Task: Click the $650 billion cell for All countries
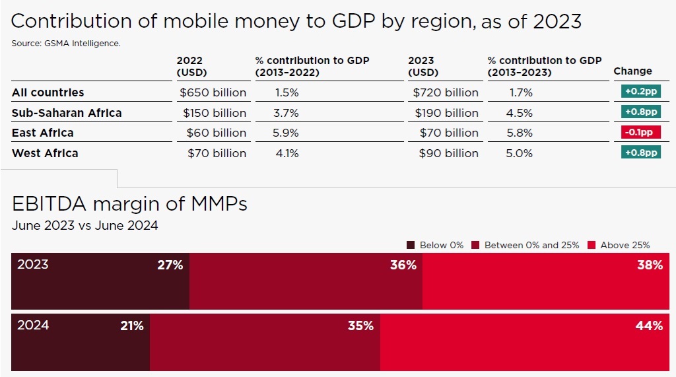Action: [213, 92]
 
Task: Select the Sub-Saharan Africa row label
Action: [67, 113]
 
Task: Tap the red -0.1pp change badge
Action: [640, 133]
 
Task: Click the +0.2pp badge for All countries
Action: [640, 92]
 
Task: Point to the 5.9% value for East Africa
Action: [286, 133]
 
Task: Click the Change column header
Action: [632, 71]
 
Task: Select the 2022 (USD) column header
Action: [192, 66]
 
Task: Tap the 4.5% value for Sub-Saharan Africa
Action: [520, 113]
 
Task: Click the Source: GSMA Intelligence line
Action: [65, 44]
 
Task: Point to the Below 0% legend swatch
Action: [411, 245]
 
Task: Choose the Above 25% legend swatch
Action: [591, 245]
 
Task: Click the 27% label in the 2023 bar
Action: [170, 265]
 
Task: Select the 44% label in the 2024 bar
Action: [649, 326]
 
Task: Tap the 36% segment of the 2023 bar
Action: [306, 281]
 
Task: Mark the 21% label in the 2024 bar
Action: [131, 326]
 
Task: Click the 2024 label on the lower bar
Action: [33, 326]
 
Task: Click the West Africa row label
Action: [45, 153]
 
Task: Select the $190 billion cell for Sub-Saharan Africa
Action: [446, 113]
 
